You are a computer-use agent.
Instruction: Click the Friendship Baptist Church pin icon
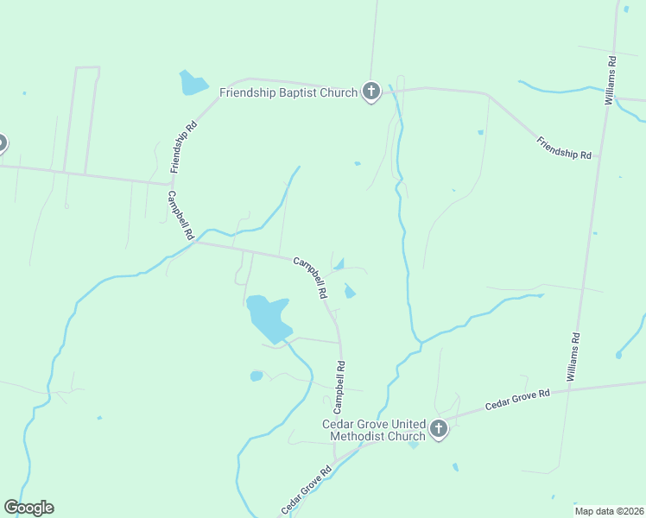point(371,91)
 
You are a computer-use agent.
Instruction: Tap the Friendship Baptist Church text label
point(288,92)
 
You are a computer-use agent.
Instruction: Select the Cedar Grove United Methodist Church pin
point(439,428)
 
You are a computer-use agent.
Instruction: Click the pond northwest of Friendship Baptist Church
point(193,83)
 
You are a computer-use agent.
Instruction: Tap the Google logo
point(29,508)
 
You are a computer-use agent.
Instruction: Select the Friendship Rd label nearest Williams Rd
point(563,148)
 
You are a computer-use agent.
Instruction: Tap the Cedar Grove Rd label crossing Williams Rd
point(517,399)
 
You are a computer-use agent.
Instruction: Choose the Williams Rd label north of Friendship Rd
point(611,81)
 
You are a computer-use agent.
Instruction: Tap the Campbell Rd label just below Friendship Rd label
point(181,215)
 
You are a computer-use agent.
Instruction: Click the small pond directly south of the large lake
point(256,376)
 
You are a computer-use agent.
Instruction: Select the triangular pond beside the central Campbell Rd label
point(339,264)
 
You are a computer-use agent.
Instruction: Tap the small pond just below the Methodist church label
point(413,445)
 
